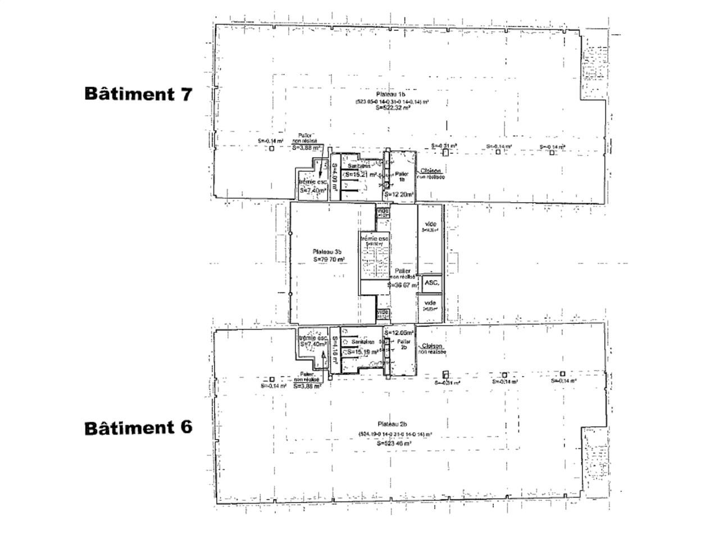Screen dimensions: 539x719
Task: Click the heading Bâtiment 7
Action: point(138,93)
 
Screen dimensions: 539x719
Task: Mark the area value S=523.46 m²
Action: point(393,443)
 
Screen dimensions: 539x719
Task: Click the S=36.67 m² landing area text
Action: point(403,285)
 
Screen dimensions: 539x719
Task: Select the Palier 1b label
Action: point(401,177)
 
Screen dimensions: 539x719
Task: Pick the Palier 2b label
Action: point(403,344)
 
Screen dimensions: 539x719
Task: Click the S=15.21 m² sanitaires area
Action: point(361,175)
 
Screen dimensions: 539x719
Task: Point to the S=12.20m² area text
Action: point(399,195)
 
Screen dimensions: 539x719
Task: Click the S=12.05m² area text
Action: point(399,332)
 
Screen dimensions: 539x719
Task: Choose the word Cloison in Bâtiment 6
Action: point(431,346)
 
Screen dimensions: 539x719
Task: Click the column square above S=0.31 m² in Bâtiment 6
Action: point(445,374)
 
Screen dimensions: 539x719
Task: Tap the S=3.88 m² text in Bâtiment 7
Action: point(307,148)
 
